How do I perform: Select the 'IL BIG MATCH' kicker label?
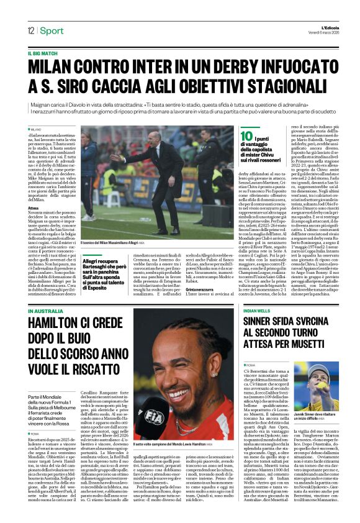point(43,54)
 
